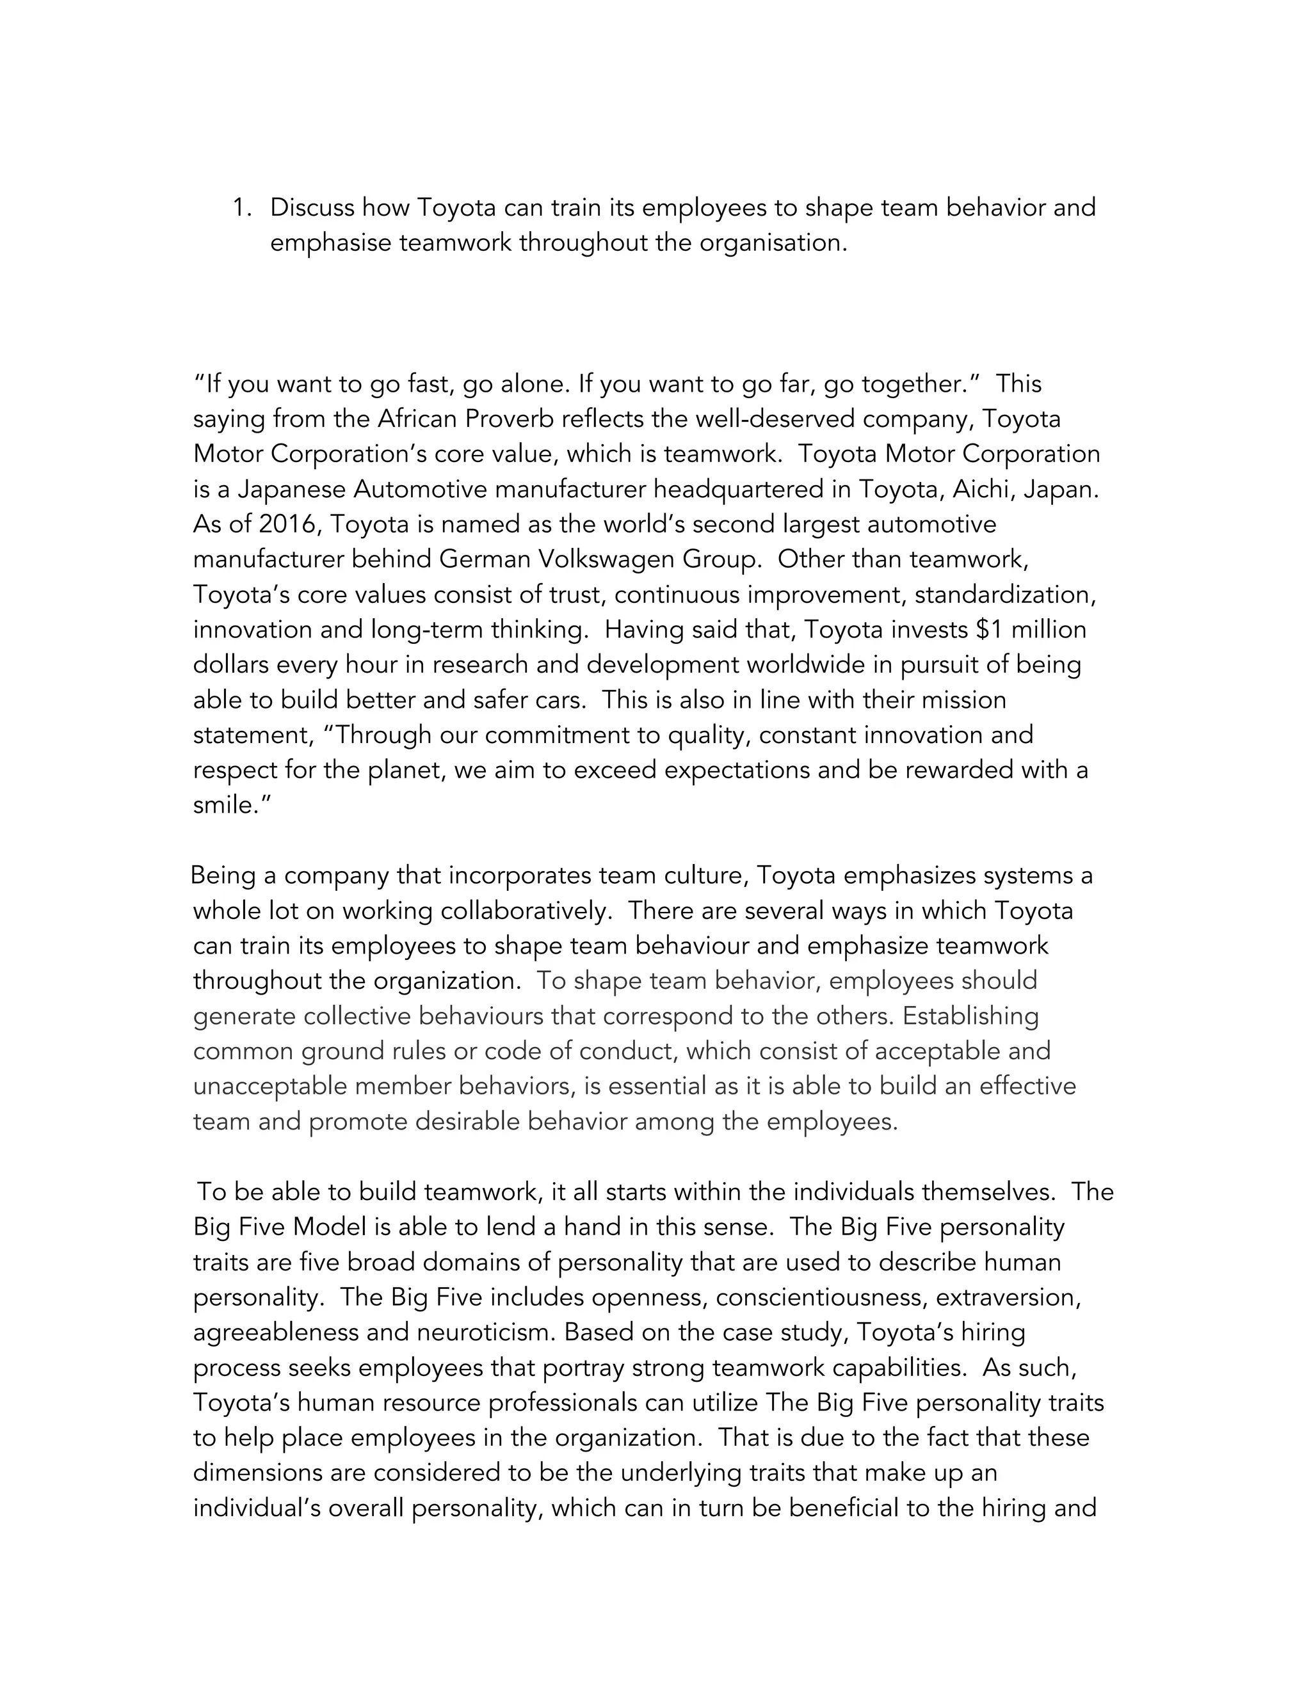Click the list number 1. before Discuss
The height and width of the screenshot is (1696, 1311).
pyautogui.click(x=243, y=208)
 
